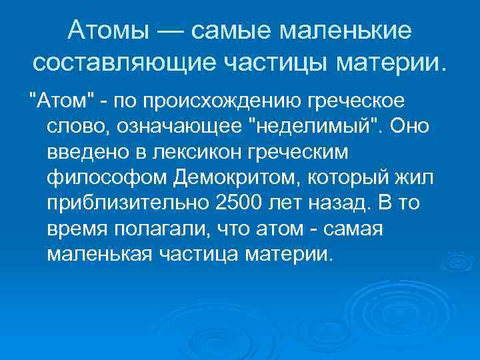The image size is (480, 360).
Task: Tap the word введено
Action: click(x=88, y=153)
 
